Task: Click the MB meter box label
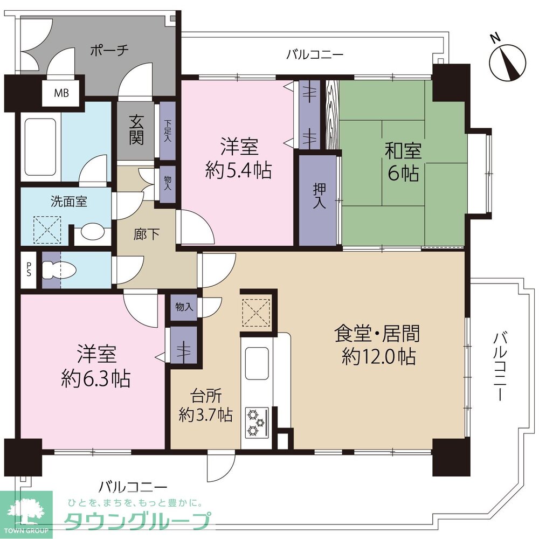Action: (x=61, y=93)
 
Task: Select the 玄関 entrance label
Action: (x=136, y=129)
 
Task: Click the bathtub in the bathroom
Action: (x=40, y=147)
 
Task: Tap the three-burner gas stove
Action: (x=257, y=423)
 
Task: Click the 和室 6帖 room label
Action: (x=403, y=162)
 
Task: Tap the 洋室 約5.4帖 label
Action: (x=239, y=158)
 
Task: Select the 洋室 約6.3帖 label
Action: (x=96, y=367)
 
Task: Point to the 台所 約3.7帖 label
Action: (x=205, y=406)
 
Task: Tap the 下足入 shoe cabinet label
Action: (x=168, y=130)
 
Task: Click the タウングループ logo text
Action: (x=137, y=521)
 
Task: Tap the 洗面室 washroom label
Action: (x=69, y=202)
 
